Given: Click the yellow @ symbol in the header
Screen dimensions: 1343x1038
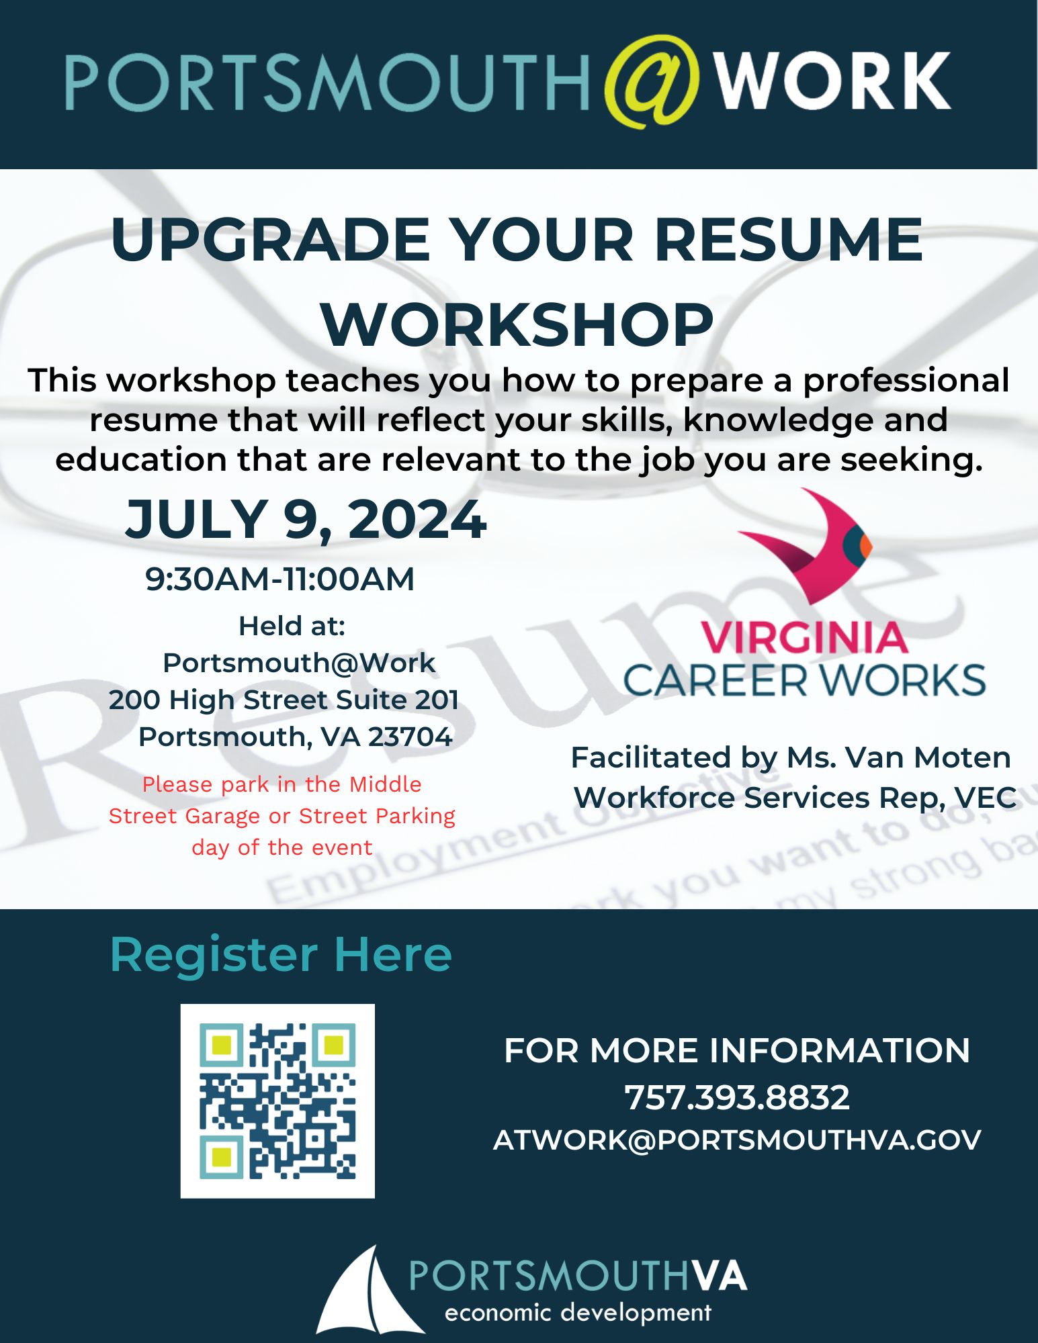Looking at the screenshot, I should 650,81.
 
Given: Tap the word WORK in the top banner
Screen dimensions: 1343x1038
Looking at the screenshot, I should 832,81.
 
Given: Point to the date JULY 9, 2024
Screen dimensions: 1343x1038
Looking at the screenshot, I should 306,519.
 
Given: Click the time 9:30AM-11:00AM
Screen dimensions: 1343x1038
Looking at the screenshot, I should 280,579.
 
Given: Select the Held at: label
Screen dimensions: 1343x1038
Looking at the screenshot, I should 292,626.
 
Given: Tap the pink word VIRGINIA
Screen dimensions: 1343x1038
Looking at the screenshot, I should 804,637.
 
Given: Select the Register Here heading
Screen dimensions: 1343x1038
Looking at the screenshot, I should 281,954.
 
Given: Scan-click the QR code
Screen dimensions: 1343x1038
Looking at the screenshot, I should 277,1101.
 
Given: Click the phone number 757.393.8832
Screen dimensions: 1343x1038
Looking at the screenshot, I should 737,1097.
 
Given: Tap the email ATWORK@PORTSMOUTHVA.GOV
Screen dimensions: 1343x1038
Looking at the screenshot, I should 737,1140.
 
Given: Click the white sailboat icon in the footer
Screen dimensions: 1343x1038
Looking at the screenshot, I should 368,1290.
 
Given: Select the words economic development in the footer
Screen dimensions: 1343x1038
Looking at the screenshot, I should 578,1312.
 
